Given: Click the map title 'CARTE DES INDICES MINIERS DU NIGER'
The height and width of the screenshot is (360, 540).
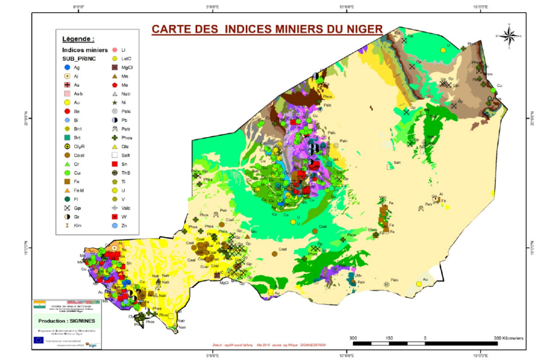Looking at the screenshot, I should point(266,29).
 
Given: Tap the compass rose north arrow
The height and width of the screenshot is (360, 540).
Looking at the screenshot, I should point(509,36).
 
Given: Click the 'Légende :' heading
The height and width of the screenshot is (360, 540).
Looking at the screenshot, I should point(78,39).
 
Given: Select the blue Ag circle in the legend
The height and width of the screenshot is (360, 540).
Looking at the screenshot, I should point(67,67).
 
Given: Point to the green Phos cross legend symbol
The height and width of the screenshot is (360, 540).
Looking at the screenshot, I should point(115,138).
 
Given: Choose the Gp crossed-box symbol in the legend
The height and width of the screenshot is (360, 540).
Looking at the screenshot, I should point(67,208).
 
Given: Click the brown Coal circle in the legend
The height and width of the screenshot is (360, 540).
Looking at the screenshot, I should point(67,155).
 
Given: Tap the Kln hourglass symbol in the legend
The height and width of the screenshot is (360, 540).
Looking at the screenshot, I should point(67,226).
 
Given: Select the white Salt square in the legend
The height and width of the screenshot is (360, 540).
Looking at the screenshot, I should point(115,155).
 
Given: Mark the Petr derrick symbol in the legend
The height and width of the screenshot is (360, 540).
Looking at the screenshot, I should point(115,129).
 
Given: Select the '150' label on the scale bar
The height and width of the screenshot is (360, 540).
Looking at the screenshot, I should point(389,338).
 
